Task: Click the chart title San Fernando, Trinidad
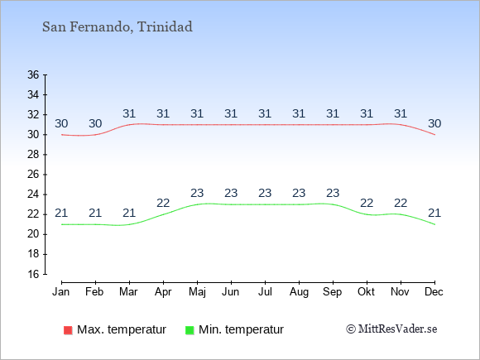tap(118, 27)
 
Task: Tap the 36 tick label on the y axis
tap(33, 74)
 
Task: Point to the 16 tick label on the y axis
tap(33, 274)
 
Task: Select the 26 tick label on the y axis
tap(33, 175)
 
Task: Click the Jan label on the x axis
tap(61, 292)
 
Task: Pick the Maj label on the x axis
tap(197, 292)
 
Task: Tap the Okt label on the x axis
tap(366, 292)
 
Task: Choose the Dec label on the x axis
tap(434, 292)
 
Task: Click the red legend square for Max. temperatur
tap(68, 330)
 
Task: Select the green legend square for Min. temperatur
tap(190, 330)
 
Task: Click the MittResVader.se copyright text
tap(391, 329)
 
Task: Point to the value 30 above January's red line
tap(61, 123)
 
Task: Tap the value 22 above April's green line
tap(163, 203)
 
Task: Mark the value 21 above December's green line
tap(434, 213)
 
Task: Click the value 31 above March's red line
tap(129, 114)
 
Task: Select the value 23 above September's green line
tap(333, 193)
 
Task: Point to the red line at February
tap(95, 135)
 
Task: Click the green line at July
tap(265, 204)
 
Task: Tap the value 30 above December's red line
tap(434, 123)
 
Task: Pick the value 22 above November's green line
tap(401, 203)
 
